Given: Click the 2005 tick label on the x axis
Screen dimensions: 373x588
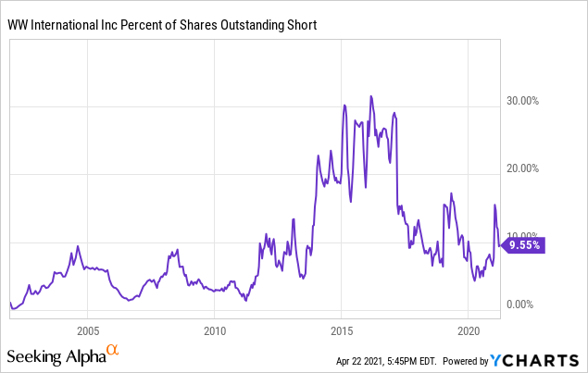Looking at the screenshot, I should (x=88, y=330).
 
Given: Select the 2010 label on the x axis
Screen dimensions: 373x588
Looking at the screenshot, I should (x=215, y=330).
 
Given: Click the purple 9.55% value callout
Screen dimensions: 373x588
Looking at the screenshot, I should (x=525, y=246).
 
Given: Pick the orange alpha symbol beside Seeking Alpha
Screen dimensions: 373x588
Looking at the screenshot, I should (x=113, y=350).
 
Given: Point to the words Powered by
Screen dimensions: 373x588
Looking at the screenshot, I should (x=466, y=360).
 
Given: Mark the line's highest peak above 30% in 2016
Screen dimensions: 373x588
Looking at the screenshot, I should (x=371, y=95).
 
